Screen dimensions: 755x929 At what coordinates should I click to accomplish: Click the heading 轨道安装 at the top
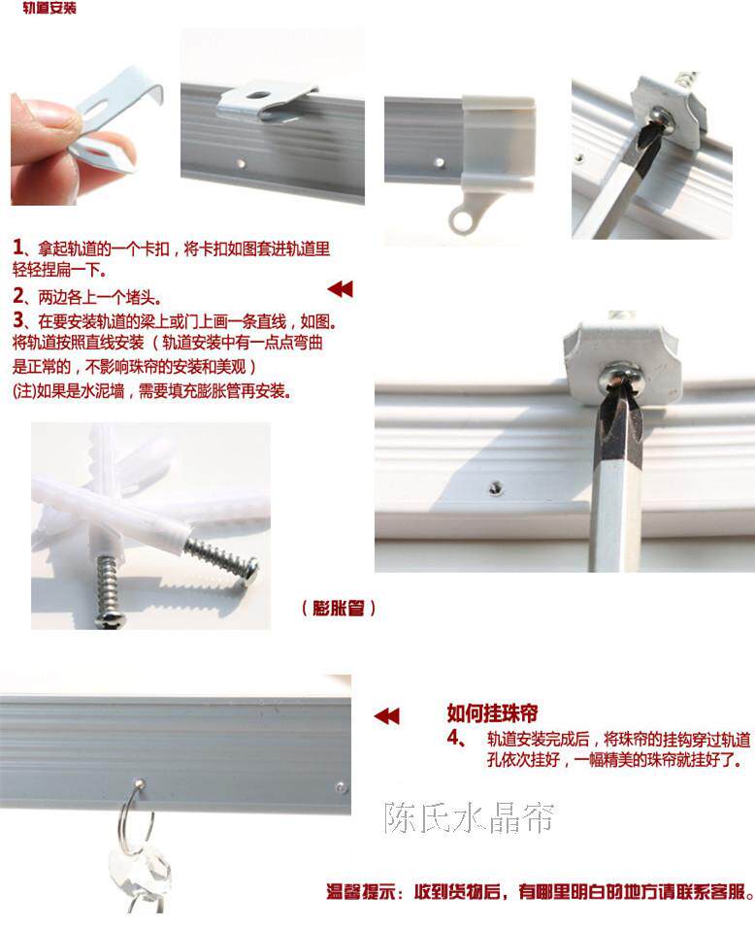[x=49, y=8]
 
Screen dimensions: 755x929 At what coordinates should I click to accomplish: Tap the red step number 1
[x=17, y=248]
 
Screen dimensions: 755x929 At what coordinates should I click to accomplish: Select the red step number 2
[x=18, y=295]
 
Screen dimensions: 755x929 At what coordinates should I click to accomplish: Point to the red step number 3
[x=18, y=320]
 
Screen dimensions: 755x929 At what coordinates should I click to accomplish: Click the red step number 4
[x=453, y=738]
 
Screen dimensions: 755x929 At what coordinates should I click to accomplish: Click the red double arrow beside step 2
[x=340, y=289]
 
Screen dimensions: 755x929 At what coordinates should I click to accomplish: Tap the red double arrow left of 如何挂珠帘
[x=386, y=716]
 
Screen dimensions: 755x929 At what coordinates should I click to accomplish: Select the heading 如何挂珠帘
[x=492, y=713]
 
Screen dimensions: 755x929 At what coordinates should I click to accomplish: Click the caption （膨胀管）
[x=338, y=608]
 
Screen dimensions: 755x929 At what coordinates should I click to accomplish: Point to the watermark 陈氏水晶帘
[x=469, y=817]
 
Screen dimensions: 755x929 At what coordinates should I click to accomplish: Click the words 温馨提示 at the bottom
[x=361, y=891]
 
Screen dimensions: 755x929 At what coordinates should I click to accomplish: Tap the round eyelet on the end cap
[x=461, y=219]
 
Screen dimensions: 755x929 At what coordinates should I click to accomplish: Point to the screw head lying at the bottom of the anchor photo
[x=110, y=619]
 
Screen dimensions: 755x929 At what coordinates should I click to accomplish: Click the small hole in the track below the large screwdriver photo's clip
[x=495, y=487]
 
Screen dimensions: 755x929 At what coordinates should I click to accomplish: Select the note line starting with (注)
[x=151, y=391]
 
